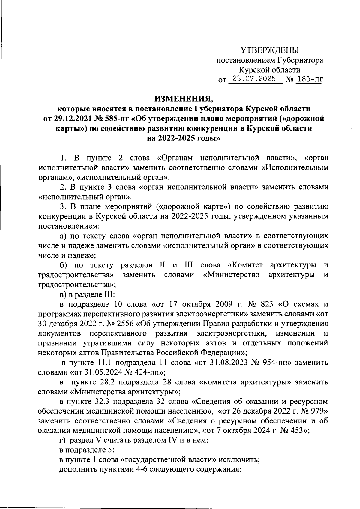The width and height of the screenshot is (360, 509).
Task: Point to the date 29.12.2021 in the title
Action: coord(70,119)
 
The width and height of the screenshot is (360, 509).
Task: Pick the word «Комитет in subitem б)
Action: coord(245,265)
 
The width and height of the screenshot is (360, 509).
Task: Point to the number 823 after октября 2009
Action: coord(267,304)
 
